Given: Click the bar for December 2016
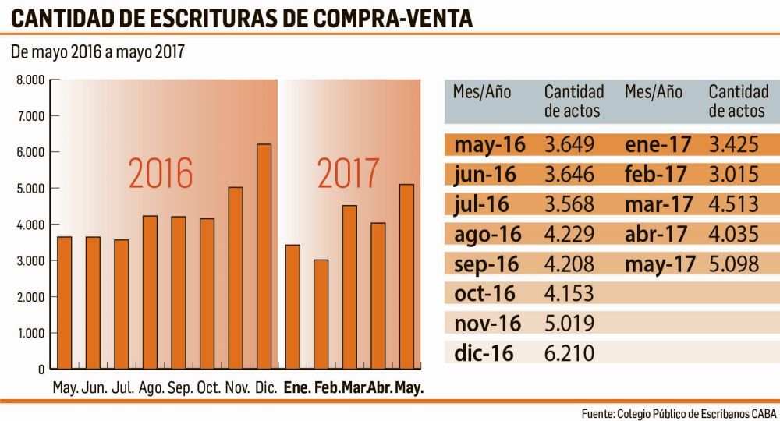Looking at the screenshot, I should [264, 256].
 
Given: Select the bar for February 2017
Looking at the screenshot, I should [321, 314].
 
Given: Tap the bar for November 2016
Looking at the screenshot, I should [236, 278].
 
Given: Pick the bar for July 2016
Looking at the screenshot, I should [122, 304].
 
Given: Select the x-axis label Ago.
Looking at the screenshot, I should [151, 388].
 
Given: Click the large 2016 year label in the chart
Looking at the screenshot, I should [161, 175].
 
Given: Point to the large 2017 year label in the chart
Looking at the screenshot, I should [349, 175].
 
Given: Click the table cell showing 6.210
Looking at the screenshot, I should [569, 353].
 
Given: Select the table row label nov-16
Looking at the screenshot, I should [484, 324].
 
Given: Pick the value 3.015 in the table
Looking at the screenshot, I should [734, 175].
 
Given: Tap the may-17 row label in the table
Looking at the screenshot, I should [659, 264].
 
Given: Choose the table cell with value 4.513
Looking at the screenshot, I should [734, 204].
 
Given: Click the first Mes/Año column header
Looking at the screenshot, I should [482, 92].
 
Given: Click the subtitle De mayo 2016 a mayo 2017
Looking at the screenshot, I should [97, 53].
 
